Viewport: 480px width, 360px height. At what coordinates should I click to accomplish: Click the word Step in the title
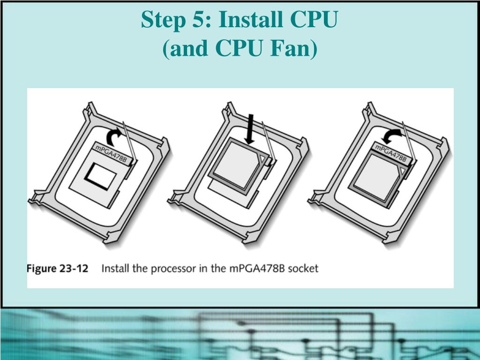pos(163,20)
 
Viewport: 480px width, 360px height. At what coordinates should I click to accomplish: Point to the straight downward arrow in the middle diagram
pos(250,129)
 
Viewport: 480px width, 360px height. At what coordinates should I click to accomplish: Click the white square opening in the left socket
pos(101,176)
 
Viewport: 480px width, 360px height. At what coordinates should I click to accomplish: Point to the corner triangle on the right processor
pos(402,171)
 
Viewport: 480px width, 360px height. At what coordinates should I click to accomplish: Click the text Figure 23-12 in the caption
pos(58,269)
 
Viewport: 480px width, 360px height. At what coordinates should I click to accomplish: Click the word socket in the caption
pos(303,269)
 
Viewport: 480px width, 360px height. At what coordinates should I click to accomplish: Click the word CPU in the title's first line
pos(314,19)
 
